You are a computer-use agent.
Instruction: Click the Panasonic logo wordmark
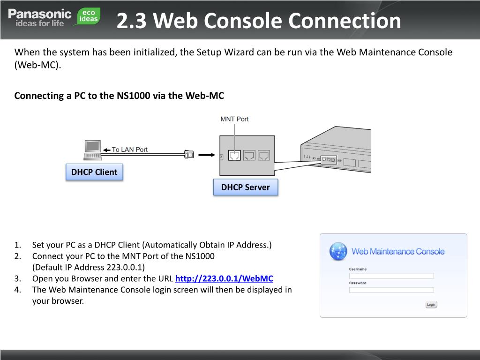(40, 14)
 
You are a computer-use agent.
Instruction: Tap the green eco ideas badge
(88, 16)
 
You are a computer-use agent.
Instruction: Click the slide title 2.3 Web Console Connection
(258, 21)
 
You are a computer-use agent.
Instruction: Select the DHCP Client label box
(94, 172)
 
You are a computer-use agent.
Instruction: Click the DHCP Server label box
(245, 187)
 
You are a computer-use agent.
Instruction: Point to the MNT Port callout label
(234, 119)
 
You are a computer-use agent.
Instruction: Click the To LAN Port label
(129, 150)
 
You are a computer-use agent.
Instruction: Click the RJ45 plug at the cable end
(189, 154)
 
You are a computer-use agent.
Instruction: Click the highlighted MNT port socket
(234, 155)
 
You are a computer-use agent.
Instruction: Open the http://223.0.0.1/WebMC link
(224, 278)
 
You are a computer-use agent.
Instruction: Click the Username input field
(391, 276)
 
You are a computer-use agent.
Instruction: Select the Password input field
(391, 290)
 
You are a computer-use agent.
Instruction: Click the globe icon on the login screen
(338, 252)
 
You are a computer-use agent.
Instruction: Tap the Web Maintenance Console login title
(398, 252)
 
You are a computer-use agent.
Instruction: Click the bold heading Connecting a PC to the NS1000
(119, 96)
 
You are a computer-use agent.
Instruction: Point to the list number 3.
(17, 278)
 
